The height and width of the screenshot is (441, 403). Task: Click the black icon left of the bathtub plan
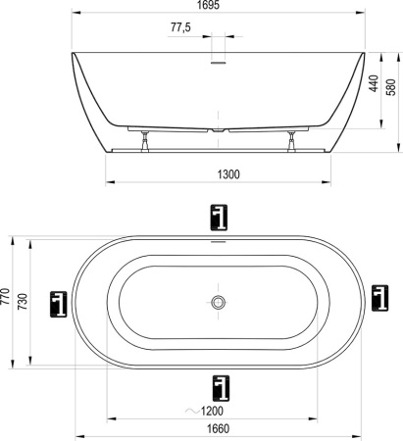pos(60,303)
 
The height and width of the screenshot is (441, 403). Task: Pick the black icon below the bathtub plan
pos(218,388)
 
